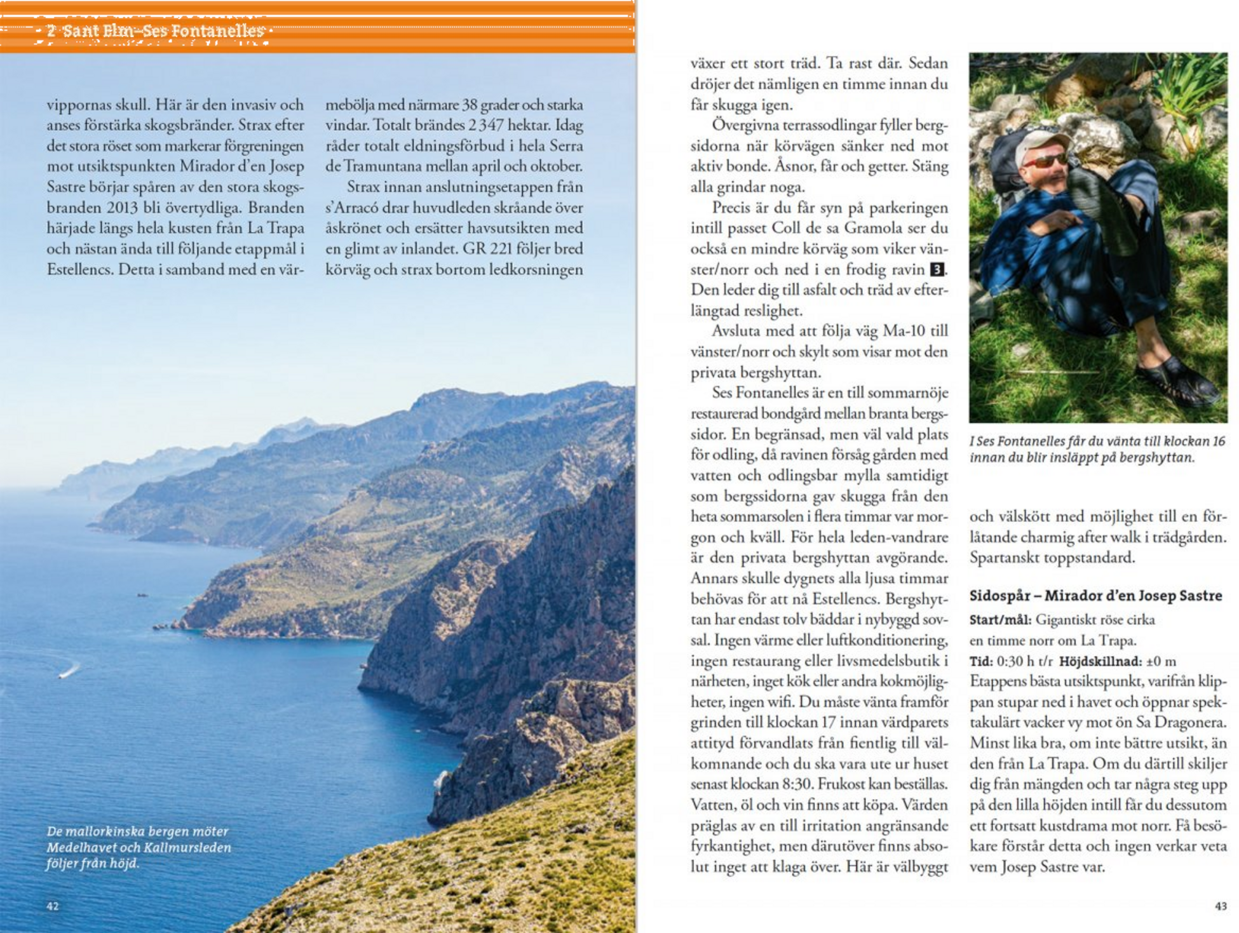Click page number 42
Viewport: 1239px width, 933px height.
[53, 906]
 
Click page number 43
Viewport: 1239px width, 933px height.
[1221, 906]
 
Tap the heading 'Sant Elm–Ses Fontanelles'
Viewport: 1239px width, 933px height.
[163, 30]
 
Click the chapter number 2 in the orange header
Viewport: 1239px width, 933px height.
[51, 30]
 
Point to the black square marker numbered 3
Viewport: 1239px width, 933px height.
[937, 269]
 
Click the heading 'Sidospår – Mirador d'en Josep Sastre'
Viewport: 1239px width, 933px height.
[1095, 596]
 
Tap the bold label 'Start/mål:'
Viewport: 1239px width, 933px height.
[1000, 620]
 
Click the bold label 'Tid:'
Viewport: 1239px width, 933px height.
[981, 661]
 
